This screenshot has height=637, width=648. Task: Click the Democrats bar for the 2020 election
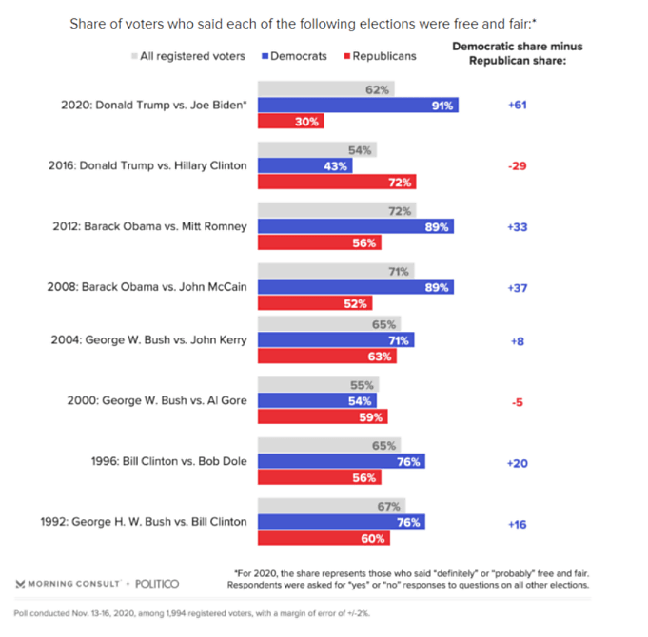(x=358, y=106)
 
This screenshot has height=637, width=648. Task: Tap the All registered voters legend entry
(x=187, y=56)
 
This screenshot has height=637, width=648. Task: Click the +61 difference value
(x=517, y=105)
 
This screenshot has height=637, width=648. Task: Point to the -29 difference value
(x=517, y=165)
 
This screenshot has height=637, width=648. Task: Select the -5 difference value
(x=517, y=401)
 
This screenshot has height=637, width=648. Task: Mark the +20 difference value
(x=517, y=461)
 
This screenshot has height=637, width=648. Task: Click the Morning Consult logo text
(x=68, y=582)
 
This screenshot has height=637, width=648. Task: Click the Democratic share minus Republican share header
(x=517, y=52)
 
